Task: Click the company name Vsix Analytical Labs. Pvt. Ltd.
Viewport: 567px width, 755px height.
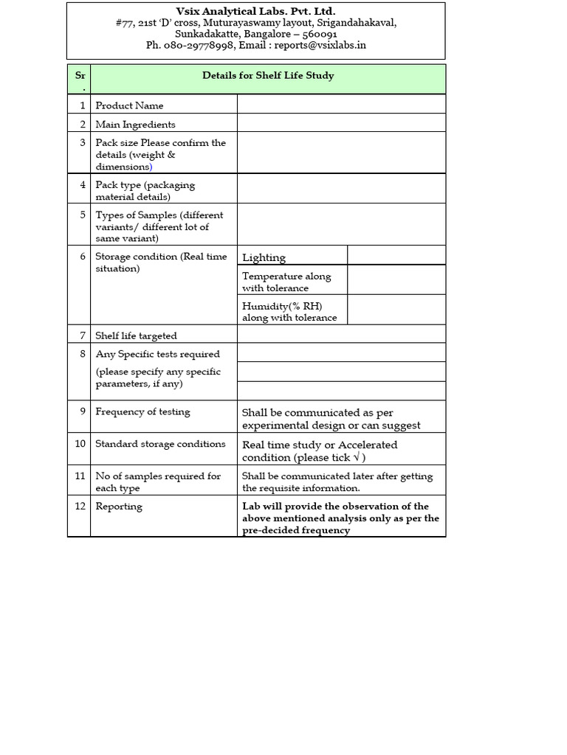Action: coord(255,11)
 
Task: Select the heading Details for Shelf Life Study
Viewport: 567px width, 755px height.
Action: coord(268,76)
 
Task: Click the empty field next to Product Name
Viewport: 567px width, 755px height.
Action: coord(341,105)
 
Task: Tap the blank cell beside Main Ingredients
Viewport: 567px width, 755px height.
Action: coord(341,123)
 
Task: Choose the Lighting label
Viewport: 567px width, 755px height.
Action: coord(264,257)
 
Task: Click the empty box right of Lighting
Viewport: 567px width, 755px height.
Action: coord(396,255)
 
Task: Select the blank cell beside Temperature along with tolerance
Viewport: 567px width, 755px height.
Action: coord(396,280)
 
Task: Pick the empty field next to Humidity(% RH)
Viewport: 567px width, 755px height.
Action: coord(396,310)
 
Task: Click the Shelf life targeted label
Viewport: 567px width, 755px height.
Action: coord(136,335)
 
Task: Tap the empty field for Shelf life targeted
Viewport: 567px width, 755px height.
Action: coord(341,334)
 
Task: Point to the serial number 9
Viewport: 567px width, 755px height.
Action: coord(83,411)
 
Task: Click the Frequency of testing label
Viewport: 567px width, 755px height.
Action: coord(142,411)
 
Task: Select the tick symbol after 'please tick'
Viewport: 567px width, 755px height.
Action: coord(357,457)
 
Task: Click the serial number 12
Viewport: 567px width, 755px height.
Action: coord(80,506)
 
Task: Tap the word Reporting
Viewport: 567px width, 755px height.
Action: coord(119,507)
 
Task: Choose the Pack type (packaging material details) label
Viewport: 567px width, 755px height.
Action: coord(145,191)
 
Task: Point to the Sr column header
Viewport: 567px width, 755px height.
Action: coord(80,76)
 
